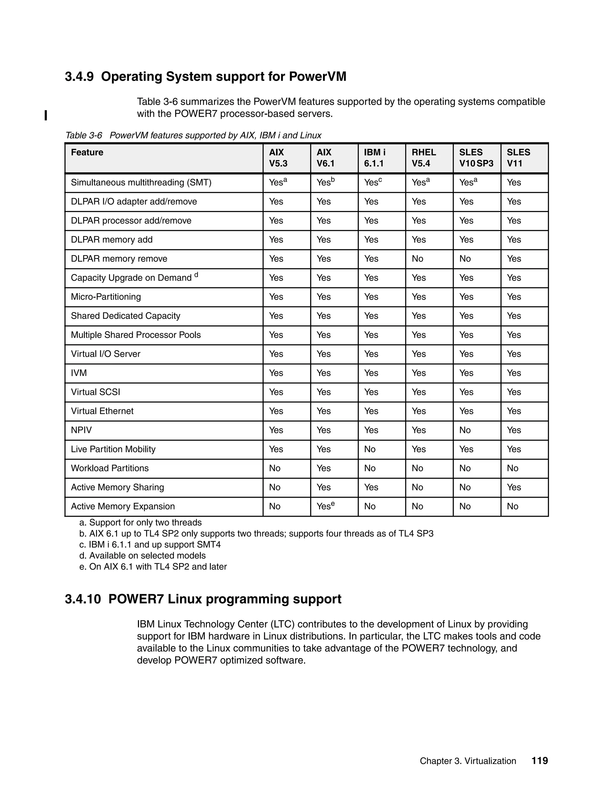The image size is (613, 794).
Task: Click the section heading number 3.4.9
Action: pos(79,77)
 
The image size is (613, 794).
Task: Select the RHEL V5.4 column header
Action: pos(424,158)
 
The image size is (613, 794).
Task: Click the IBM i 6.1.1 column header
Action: pos(374,158)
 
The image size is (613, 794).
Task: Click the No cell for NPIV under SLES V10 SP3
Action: pos(465,431)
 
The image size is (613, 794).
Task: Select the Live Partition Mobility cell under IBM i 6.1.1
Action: pos(370,449)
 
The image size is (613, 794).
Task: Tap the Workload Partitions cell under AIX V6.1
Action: pos(323,468)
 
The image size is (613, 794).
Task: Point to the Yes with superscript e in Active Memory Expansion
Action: pos(325,506)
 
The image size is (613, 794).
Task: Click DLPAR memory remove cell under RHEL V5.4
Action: pos(417,259)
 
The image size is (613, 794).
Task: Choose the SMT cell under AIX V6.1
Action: pos(325,182)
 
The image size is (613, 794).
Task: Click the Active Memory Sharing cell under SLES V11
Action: pos(514,487)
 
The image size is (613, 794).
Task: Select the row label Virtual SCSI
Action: pos(95,392)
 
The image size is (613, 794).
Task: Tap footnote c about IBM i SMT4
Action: pos(150,545)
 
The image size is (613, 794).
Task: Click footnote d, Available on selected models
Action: pos(142,556)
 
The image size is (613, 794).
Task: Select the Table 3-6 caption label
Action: pos(84,136)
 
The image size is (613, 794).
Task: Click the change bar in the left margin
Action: pos(46,115)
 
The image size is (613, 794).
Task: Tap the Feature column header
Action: pos(87,152)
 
